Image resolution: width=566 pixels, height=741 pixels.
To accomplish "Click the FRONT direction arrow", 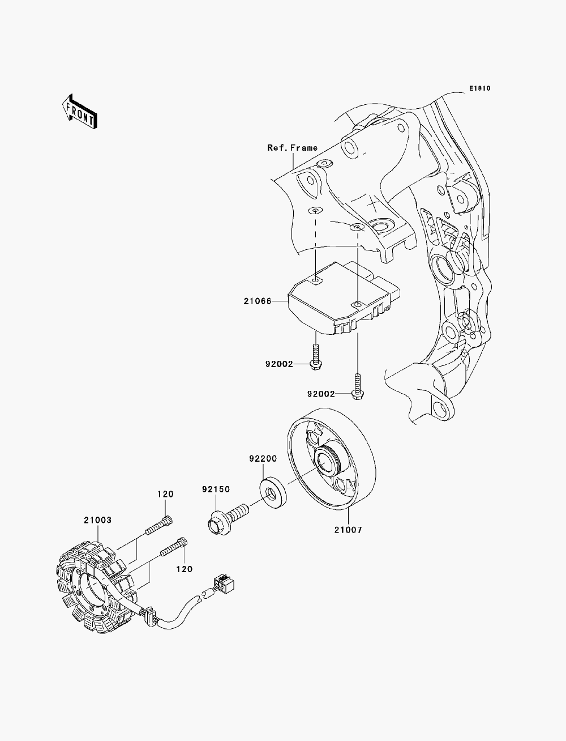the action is [79, 112].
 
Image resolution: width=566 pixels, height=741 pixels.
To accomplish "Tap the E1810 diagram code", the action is [479, 88].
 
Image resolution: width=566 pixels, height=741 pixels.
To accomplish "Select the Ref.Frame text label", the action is [293, 147].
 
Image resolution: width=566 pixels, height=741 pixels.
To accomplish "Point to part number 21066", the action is [258, 301].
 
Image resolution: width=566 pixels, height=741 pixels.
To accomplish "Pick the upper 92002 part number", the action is [279, 364].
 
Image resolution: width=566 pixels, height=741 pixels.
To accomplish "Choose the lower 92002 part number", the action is [321, 394].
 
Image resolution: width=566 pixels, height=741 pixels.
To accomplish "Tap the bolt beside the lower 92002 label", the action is [358, 386].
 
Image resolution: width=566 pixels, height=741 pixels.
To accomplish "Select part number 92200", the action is [263, 458].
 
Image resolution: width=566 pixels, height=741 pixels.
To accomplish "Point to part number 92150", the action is [216, 489].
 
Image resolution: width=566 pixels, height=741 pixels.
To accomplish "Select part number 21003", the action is [98, 520].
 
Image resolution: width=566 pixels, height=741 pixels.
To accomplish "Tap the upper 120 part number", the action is [165, 494].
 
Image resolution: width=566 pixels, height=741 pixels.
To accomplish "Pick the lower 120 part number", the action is [185, 569].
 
